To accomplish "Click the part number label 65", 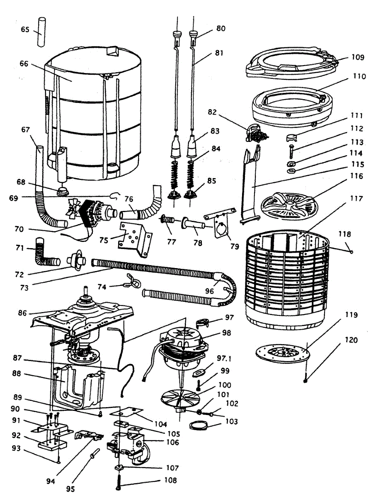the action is point(25,29).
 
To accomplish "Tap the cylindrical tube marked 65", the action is point(42,32).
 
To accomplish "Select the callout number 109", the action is point(358,57).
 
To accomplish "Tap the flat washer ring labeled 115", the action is point(291,171).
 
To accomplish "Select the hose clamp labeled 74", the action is point(133,281).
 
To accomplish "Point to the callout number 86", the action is point(23,313).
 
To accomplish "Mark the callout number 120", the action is point(351,340).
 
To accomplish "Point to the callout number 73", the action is point(24,288).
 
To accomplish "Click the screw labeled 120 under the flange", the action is point(305,378).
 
